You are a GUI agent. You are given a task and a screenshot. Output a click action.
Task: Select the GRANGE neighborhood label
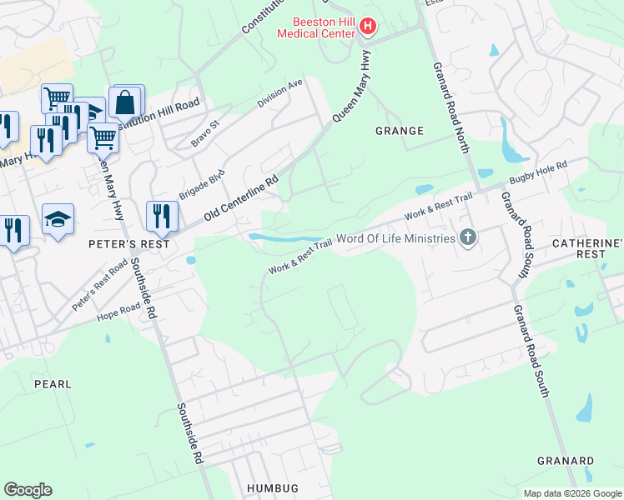pos(400,131)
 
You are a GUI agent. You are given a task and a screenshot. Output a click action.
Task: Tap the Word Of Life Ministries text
pos(397,239)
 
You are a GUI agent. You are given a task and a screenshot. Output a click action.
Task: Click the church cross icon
pos(468,238)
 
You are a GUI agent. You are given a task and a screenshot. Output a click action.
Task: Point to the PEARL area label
pos(52,384)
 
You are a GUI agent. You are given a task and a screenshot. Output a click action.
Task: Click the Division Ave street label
pos(280,95)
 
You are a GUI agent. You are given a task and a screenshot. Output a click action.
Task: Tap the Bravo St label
pos(204,133)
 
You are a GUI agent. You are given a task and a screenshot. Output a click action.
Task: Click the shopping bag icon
pos(124,103)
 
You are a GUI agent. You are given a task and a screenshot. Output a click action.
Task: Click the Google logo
pos(28,490)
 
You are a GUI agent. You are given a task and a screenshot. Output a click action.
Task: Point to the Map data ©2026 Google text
pos(572,493)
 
